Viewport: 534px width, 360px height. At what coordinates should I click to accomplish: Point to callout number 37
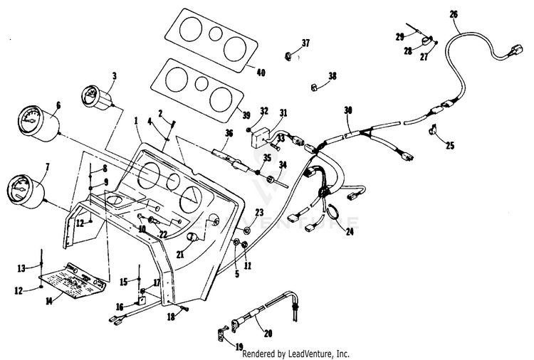pyautogui.click(x=305, y=43)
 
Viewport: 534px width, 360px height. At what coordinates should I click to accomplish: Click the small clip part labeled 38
pyautogui.click(x=314, y=88)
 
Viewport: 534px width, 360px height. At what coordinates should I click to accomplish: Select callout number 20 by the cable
pyautogui.click(x=267, y=332)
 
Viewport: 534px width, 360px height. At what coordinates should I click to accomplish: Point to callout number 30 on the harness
pyautogui.click(x=347, y=110)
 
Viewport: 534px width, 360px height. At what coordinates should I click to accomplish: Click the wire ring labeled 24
pyautogui.click(x=334, y=213)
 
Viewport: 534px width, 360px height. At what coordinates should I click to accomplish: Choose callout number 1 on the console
pyautogui.click(x=136, y=122)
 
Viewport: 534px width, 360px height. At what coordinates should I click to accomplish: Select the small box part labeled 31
pyautogui.click(x=261, y=134)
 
